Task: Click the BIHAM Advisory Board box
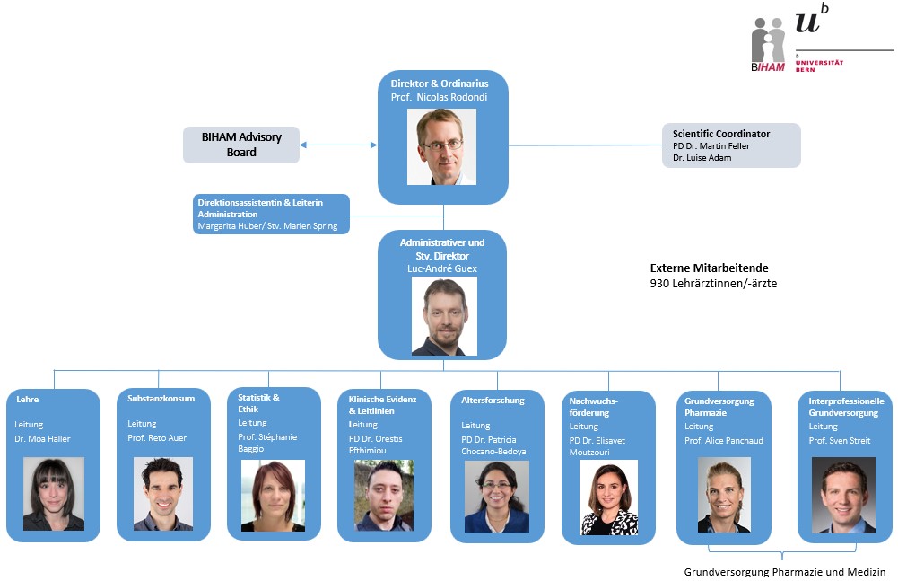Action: (x=241, y=145)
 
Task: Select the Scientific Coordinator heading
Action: (x=721, y=134)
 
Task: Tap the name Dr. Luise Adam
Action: (x=702, y=158)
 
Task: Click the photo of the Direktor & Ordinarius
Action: (x=441, y=147)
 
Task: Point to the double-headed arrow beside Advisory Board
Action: (x=338, y=145)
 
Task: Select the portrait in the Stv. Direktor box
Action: (x=444, y=316)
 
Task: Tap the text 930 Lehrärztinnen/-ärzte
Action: (x=713, y=284)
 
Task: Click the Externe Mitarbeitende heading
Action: (x=709, y=268)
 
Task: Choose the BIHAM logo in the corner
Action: (x=768, y=45)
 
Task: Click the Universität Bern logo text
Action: (x=819, y=65)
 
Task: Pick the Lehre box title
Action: (x=28, y=400)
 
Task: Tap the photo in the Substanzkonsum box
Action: (x=163, y=494)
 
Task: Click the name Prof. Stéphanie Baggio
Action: (x=267, y=443)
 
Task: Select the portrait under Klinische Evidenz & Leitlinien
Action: (x=384, y=496)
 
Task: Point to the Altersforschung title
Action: (x=493, y=401)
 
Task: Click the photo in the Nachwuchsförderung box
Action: (x=609, y=497)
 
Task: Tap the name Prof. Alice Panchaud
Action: (x=724, y=441)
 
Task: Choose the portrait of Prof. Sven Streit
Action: (x=843, y=496)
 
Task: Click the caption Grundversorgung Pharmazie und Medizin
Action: (x=785, y=572)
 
